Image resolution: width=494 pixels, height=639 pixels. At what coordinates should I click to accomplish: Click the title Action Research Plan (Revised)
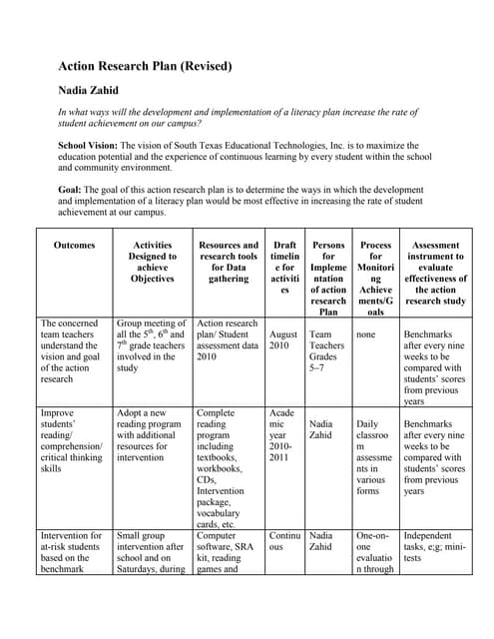pos(145,67)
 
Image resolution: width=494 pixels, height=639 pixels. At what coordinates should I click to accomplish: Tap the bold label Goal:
pos(72,189)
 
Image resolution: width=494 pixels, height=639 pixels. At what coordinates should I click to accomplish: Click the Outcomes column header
pos(74,245)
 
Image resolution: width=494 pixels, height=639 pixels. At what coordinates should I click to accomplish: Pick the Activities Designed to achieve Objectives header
pos(152,262)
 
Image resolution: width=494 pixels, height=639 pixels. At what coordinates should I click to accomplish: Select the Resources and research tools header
pos(229,262)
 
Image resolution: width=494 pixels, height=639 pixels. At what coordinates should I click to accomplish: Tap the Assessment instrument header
pos(436,273)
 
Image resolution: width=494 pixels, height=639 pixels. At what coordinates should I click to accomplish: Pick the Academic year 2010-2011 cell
pos(284,435)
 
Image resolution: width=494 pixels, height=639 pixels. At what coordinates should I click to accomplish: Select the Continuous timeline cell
pos(284,542)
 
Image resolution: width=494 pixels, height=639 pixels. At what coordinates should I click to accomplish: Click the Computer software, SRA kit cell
pos(229,553)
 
